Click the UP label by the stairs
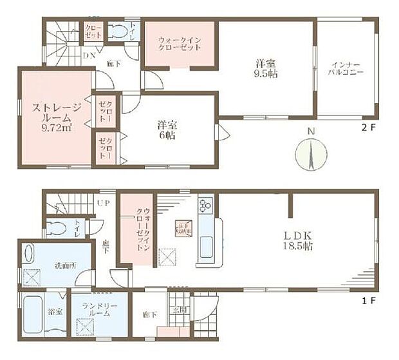[102, 202]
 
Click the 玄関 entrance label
[181, 308]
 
